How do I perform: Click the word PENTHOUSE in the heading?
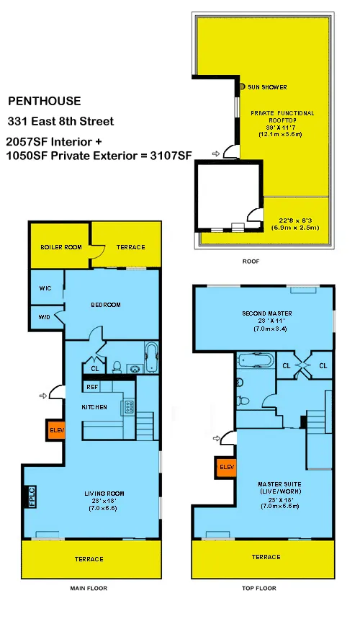click(44, 102)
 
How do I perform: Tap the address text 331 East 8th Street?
click(60, 121)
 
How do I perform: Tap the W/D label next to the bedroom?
click(45, 316)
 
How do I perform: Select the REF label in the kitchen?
click(92, 387)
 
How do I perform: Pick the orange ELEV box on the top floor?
click(225, 467)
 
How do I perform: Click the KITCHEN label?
click(94, 407)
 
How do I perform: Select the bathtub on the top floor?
click(256, 360)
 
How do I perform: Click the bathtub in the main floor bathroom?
click(152, 357)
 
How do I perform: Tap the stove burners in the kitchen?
click(130, 406)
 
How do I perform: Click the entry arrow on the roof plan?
click(215, 153)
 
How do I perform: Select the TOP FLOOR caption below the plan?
click(260, 589)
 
